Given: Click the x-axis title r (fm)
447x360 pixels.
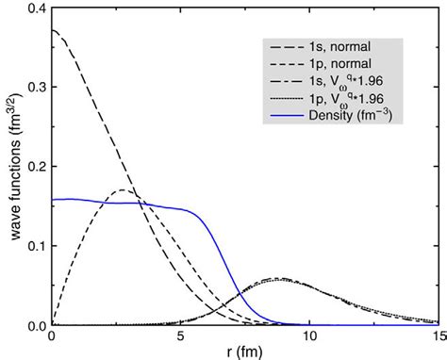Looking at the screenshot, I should coord(243,352).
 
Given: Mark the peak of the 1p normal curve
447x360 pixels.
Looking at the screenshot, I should coord(124,190).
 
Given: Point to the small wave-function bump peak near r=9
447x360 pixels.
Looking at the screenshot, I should coord(277,279).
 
